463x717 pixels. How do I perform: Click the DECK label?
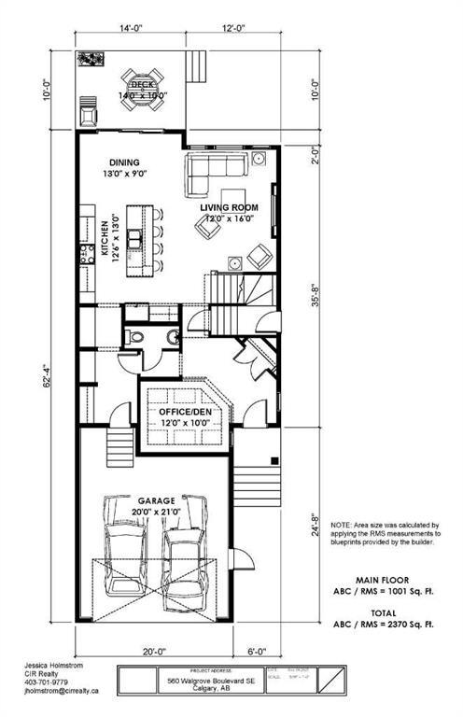click(x=142, y=85)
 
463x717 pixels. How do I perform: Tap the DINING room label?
click(x=124, y=160)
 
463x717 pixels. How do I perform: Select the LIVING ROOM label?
click(x=229, y=207)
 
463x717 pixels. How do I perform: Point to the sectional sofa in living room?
click(x=218, y=170)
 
